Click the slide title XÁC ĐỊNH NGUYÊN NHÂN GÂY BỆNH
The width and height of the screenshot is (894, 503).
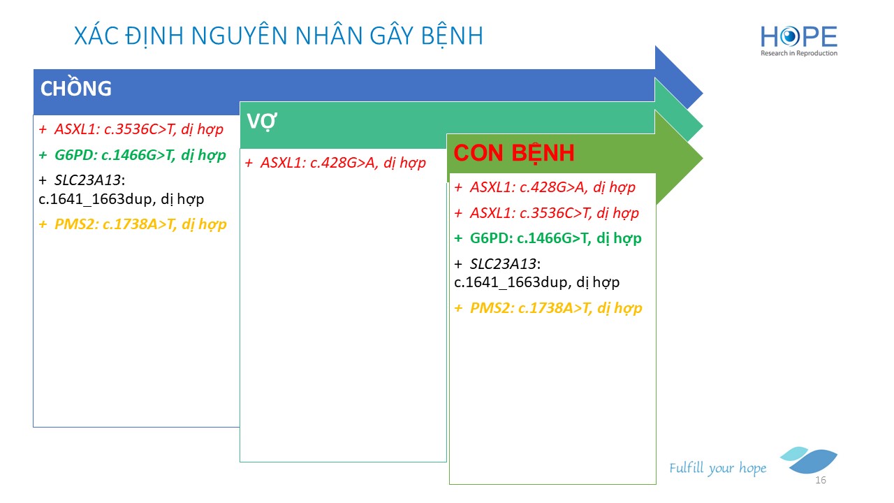[x=279, y=36]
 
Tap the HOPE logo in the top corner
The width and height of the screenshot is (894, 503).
[x=798, y=41]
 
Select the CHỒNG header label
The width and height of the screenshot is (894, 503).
[x=76, y=87]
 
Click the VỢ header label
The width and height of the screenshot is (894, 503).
[x=262, y=121]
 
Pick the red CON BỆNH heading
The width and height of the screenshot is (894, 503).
[x=514, y=152]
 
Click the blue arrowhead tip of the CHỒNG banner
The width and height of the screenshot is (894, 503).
[x=703, y=94]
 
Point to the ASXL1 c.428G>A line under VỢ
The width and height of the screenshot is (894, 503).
[x=335, y=163]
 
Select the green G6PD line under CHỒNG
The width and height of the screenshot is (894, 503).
[x=133, y=155]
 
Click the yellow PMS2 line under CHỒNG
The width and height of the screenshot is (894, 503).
[x=133, y=224]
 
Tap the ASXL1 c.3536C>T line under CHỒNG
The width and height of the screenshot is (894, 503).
[x=131, y=129]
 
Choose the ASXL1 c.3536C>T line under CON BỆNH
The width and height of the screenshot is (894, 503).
[x=546, y=213]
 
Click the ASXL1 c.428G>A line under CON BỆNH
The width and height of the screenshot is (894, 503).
[x=545, y=187]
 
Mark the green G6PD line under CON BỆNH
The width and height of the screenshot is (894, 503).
[x=548, y=238]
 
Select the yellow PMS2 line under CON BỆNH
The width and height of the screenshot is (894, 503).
[x=548, y=308]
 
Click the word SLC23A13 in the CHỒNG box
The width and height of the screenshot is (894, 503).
[x=88, y=180]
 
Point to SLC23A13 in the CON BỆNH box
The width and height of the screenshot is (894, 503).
[x=504, y=264]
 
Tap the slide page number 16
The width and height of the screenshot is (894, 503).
[x=821, y=480]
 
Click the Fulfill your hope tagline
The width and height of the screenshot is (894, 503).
[x=717, y=468]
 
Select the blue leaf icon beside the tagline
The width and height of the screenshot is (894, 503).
[x=809, y=460]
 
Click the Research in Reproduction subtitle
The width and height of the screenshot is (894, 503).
[x=798, y=53]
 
